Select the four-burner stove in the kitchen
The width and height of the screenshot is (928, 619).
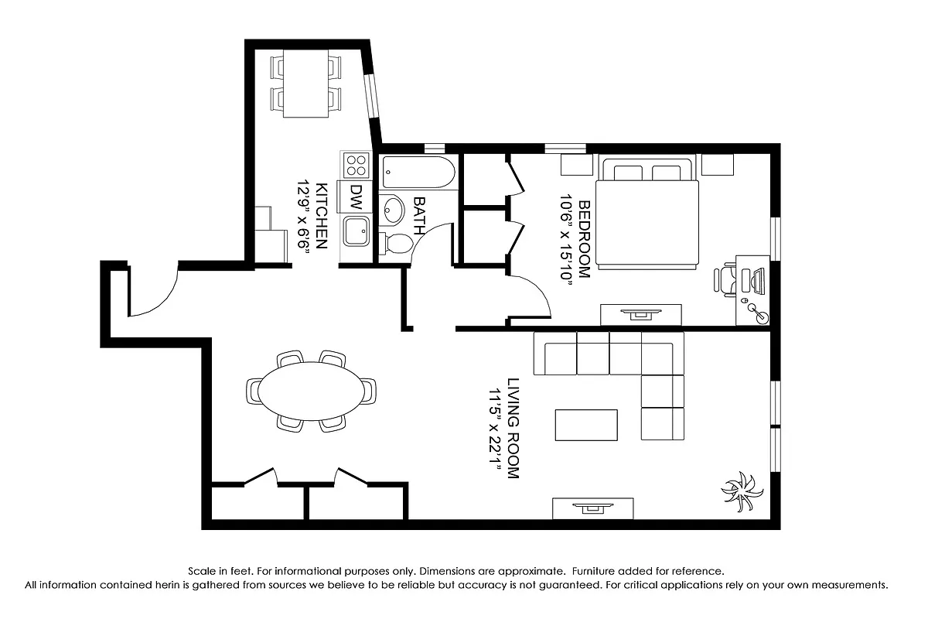click(356, 166)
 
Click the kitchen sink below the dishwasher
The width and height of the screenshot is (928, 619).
click(357, 232)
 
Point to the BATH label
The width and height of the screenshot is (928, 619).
click(420, 216)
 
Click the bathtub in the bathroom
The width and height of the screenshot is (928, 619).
click(418, 171)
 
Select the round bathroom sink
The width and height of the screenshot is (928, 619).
click(394, 209)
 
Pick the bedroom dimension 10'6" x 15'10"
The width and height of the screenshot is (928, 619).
click(567, 239)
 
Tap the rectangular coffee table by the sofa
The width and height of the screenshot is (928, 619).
click(586, 425)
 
